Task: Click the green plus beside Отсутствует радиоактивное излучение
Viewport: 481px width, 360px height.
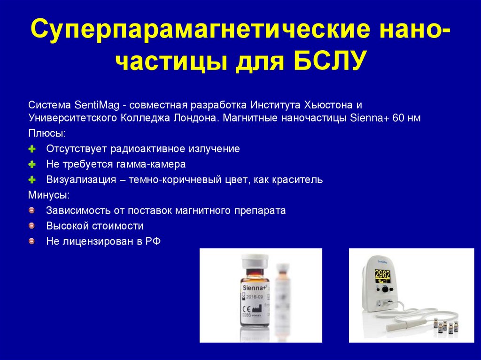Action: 32,149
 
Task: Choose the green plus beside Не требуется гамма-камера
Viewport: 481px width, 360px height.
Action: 32,165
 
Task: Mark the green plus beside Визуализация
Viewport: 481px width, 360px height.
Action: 32,180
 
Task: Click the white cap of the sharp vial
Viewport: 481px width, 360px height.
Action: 254,259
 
